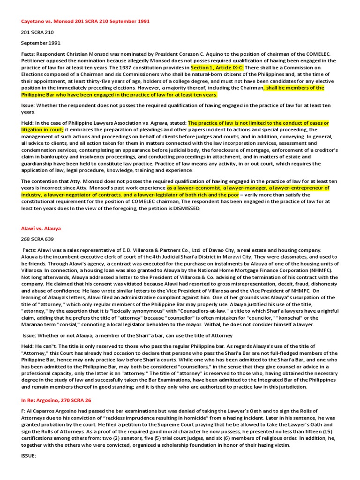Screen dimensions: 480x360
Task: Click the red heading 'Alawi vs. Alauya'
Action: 41,228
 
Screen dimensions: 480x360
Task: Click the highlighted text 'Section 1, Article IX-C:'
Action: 217,67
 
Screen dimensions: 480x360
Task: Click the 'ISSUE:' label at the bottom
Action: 29,456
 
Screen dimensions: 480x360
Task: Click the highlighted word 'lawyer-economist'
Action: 196,188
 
